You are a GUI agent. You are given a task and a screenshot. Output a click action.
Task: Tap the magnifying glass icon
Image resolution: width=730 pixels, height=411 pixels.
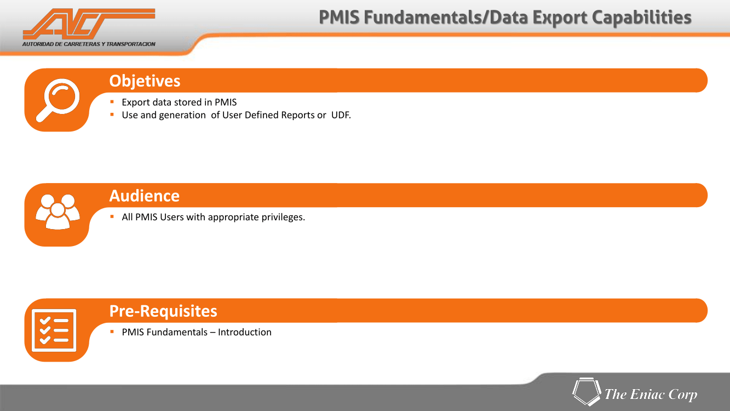[58, 100]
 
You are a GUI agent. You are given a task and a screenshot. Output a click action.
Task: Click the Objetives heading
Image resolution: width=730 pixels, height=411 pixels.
[145, 81]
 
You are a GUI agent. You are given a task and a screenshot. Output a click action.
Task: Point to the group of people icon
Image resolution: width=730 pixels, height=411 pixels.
[58, 212]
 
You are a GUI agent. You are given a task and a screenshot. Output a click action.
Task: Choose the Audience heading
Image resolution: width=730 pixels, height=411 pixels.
[145, 196]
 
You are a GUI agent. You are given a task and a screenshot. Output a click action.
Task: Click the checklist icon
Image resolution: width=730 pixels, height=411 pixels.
[54, 330]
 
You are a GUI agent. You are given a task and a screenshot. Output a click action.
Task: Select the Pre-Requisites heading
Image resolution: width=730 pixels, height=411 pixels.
[163, 311]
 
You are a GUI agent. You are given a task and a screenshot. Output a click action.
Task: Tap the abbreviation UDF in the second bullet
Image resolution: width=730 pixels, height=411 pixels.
[340, 115]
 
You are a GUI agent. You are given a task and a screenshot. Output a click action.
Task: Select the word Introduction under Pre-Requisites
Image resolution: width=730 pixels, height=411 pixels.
[245, 333]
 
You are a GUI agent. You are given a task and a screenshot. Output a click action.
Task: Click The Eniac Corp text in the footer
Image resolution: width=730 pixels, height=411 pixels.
[651, 395]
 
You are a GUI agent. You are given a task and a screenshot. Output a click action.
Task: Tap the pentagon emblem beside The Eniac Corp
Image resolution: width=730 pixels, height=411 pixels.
[587, 391]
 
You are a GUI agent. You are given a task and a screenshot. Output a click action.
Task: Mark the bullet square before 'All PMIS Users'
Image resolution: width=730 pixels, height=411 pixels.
[112, 216]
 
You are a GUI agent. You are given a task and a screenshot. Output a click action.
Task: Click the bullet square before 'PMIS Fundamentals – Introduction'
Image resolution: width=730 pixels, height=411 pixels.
[112, 332]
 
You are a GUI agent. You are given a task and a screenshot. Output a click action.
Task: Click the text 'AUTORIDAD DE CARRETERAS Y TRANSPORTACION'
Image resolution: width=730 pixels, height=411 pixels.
[89, 44]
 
